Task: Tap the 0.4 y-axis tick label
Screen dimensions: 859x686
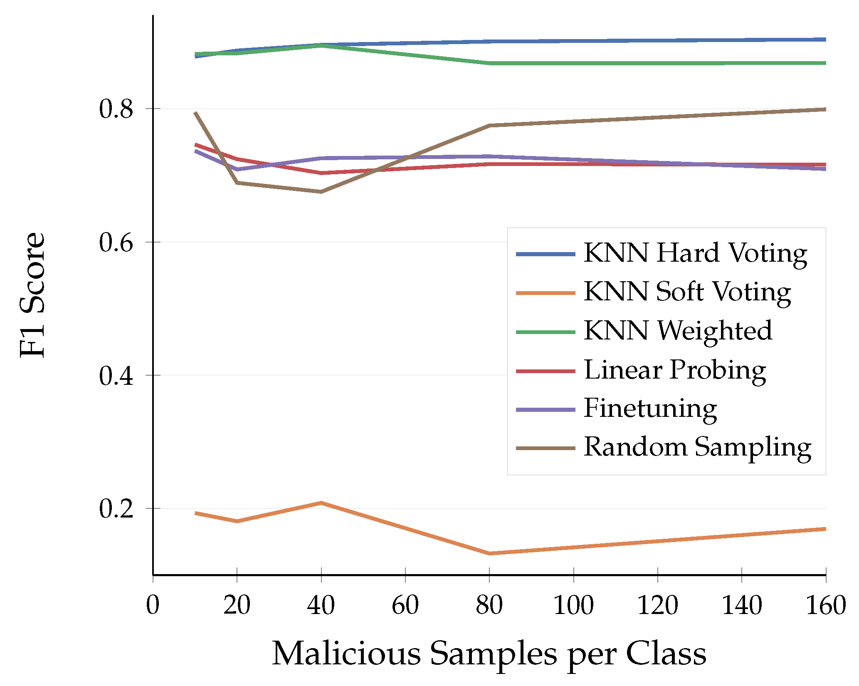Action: (x=116, y=375)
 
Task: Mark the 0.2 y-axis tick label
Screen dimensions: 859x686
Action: (x=116, y=508)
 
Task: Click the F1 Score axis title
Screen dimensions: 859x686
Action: (x=32, y=295)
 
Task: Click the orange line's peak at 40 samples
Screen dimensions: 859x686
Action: (x=321, y=503)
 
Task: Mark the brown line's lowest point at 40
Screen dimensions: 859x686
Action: (x=321, y=192)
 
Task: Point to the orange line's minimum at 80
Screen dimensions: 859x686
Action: (x=490, y=554)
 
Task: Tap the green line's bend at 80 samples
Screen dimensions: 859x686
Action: (x=490, y=63)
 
